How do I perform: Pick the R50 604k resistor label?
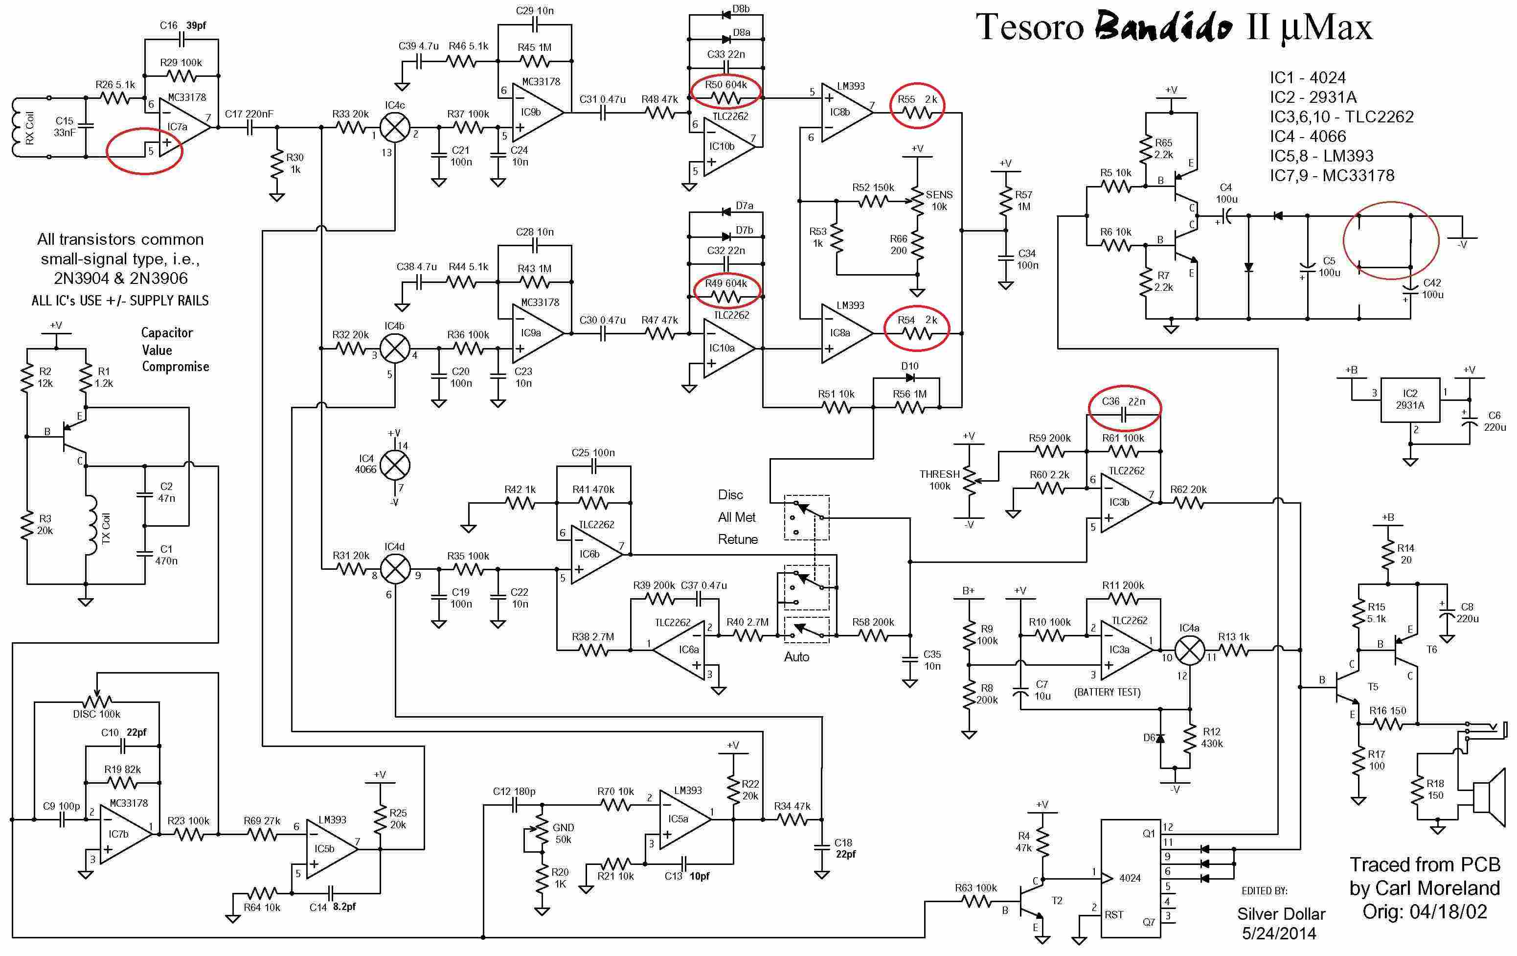pyautogui.click(x=726, y=85)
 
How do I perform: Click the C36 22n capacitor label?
pyautogui.click(x=1124, y=401)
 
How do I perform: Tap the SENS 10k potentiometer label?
pyautogui.click(x=939, y=200)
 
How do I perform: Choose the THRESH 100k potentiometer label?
pyautogui.click(x=939, y=480)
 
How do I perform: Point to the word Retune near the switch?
pyautogui.click(x=738, y=539)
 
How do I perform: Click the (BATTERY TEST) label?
pyautogui.click(x=1107, y=692)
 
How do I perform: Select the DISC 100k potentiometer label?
pyautogui.click(x=96, y=714)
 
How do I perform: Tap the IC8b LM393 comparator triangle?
pyautogui.click(x=845, y=113)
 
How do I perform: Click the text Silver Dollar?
pyautogui.click(x=1281, y=914)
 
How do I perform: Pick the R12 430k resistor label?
pyautogui.click(x=1211, y=737)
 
